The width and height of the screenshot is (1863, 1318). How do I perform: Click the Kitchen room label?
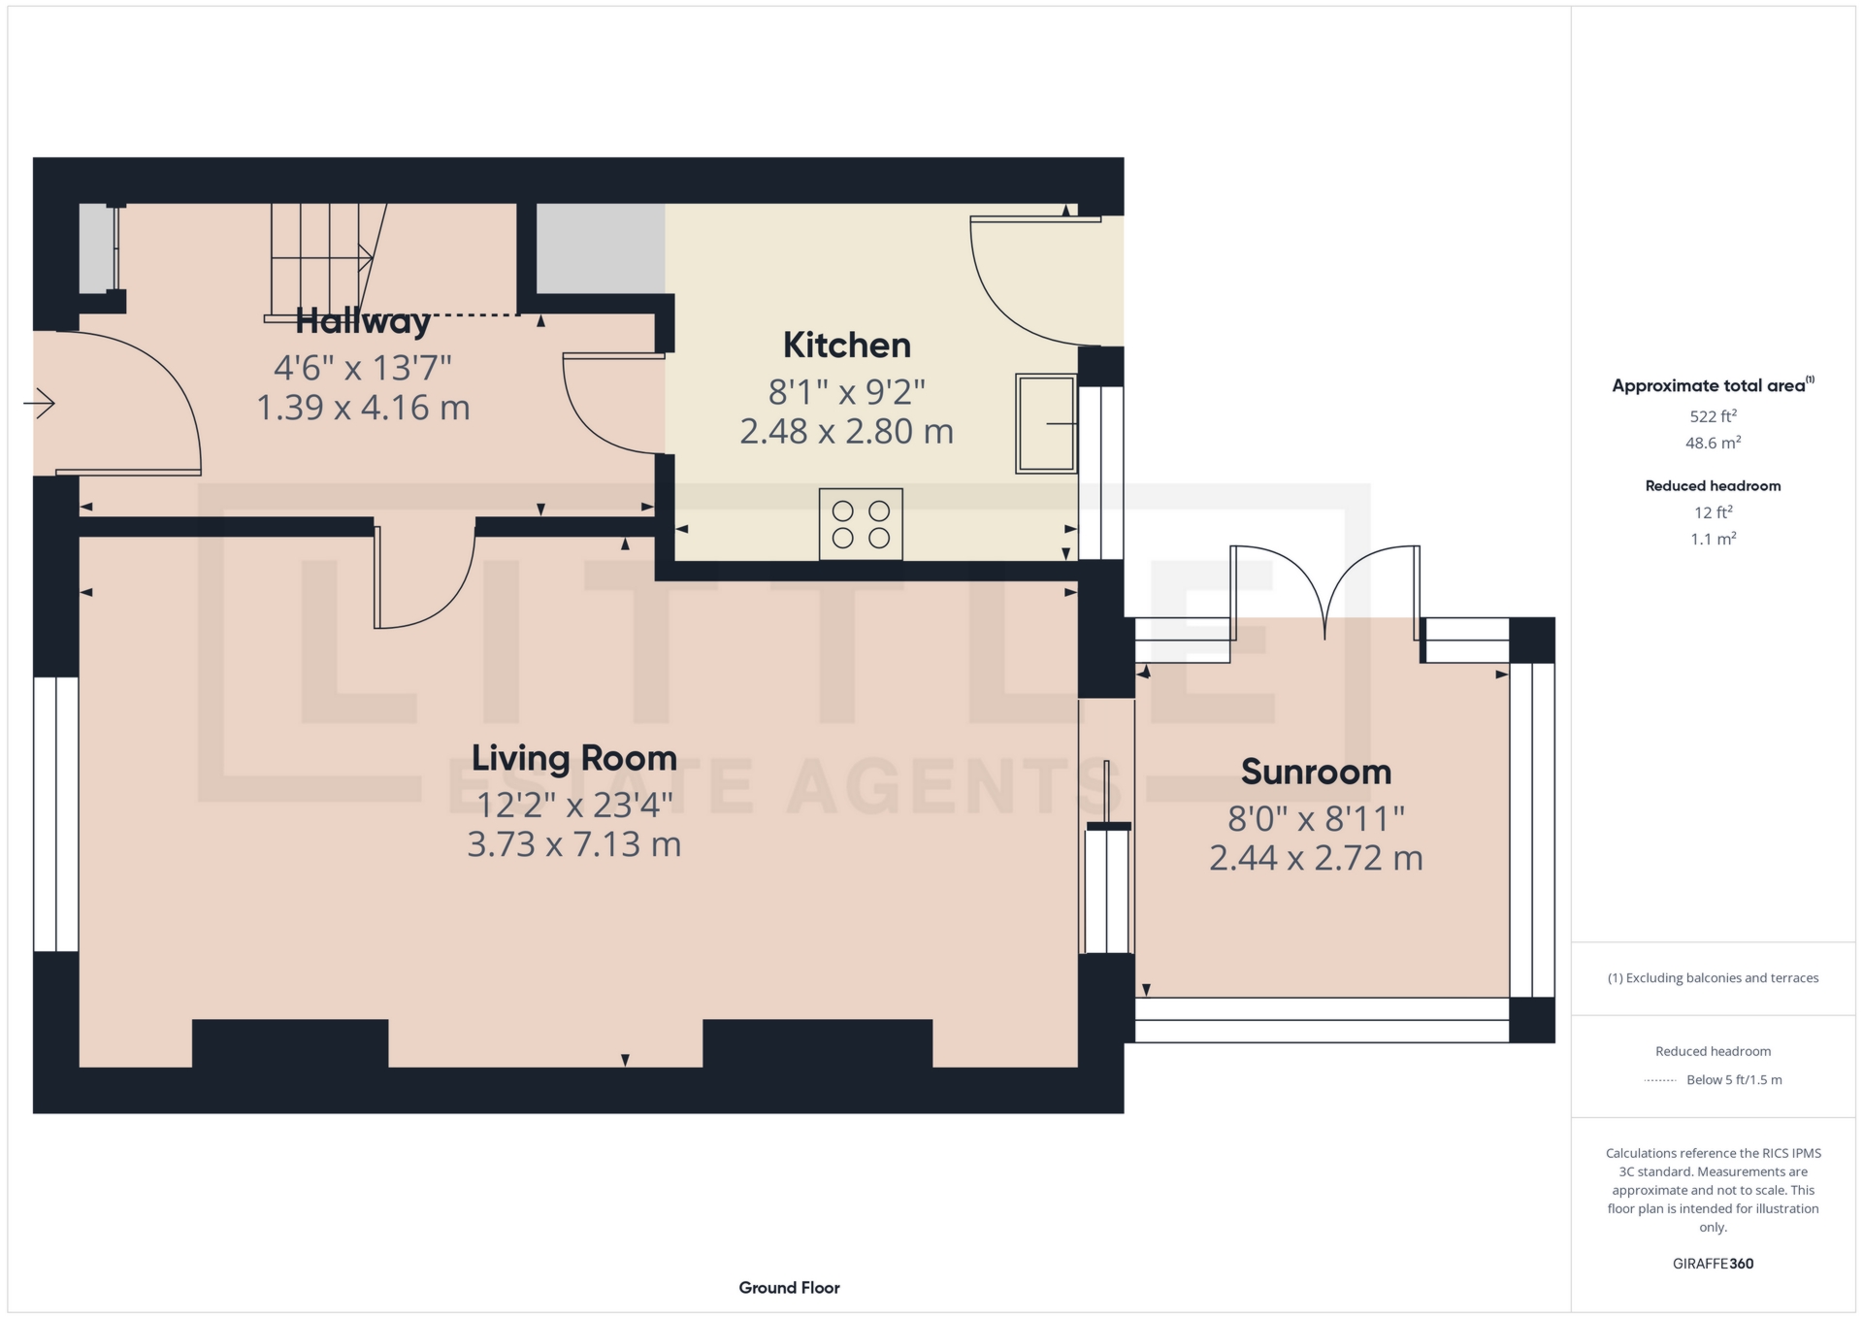pyautogui.click(x=847, y=346)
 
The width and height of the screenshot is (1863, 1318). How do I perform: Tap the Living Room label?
pyautogui.click(x=574, y=759)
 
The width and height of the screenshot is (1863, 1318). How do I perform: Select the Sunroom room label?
pyautogui.click(x=1316, y=773)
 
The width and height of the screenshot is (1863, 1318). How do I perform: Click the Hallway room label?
pyautogui.click(x=363, y=320)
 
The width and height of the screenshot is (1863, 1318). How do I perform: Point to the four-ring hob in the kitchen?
pyautogui.click(x=861, y=524)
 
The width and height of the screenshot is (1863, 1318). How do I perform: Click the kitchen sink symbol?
pyautogui.click(x=1046, y=423)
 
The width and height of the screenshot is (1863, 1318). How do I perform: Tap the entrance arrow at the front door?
pyautogui.click(x=39, y=403)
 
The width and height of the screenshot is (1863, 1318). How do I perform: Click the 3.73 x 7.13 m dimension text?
pyautogui.click(x=574, y=844)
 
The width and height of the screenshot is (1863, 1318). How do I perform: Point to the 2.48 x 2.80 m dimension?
pyautogui.click(x=847, y=431)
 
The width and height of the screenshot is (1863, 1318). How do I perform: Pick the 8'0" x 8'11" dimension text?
pyautogui.click(x=1316, y=819)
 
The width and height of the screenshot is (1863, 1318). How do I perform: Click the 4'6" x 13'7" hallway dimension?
pyautogui.click(x=363, y=368)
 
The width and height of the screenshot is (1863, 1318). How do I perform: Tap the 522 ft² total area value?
pyautogui.click(x=1713, y=416)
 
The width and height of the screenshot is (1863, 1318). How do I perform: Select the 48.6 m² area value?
pyautogui.click(x=1713, y=443)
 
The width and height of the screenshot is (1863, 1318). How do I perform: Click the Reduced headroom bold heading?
pyautogui.click(x=1713, y=486)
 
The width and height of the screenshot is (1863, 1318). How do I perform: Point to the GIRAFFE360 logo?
pyautogui.click(x=1713, y=1264)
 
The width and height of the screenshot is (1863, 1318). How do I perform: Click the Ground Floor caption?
pyautogui.click(x=789, y=1288)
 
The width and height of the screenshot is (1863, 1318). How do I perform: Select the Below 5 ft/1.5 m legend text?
pyautogui.click(x=1734, y=1079)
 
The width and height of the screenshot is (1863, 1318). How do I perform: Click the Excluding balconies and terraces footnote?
pyautogui.click(x=1713, y=978)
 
